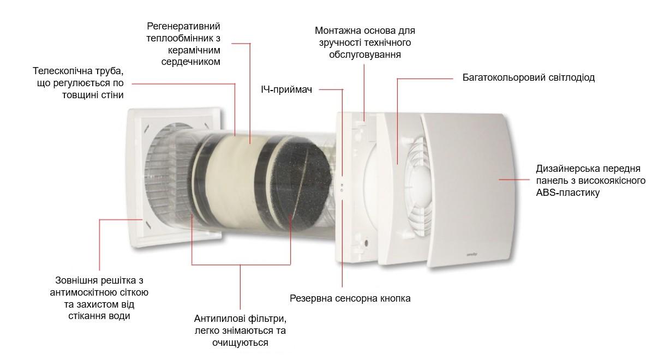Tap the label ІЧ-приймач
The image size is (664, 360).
286,89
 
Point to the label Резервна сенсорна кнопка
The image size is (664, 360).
350,298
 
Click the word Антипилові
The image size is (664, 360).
217,319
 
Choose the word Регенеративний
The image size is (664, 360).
183,26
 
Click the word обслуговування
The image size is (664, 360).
365,55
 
